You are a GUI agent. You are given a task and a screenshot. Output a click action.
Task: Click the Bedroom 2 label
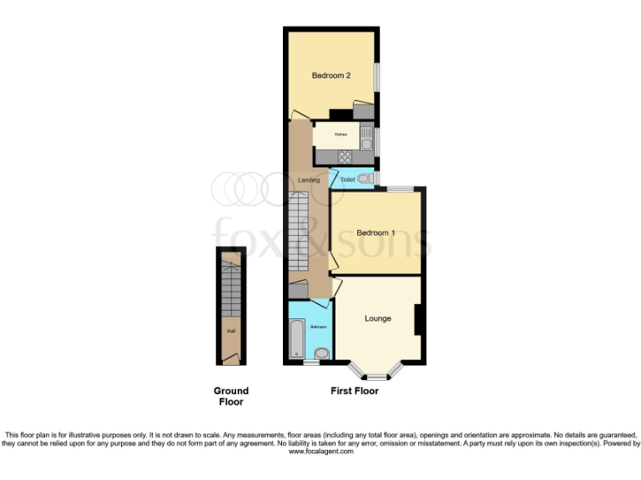331,76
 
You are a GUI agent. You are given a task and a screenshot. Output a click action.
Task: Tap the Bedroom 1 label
376,232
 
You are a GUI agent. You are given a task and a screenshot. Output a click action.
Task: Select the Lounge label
377,318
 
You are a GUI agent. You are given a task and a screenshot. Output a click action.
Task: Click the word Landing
308,179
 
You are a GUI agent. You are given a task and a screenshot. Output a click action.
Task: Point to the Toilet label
347,179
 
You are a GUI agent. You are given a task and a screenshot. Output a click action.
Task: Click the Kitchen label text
341,134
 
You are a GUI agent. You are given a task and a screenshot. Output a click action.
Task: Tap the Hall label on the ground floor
230,331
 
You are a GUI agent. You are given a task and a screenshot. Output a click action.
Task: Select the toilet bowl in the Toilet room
370,178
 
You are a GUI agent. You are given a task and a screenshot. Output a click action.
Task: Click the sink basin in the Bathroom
323,353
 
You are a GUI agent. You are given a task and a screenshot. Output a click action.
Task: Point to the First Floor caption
355,391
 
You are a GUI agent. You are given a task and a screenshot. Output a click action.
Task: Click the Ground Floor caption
231,396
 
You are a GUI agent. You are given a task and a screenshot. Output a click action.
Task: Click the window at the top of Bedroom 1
399,189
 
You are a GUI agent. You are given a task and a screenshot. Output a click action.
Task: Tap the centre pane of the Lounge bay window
376,377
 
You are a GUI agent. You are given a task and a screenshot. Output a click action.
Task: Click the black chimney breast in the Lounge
417,319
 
